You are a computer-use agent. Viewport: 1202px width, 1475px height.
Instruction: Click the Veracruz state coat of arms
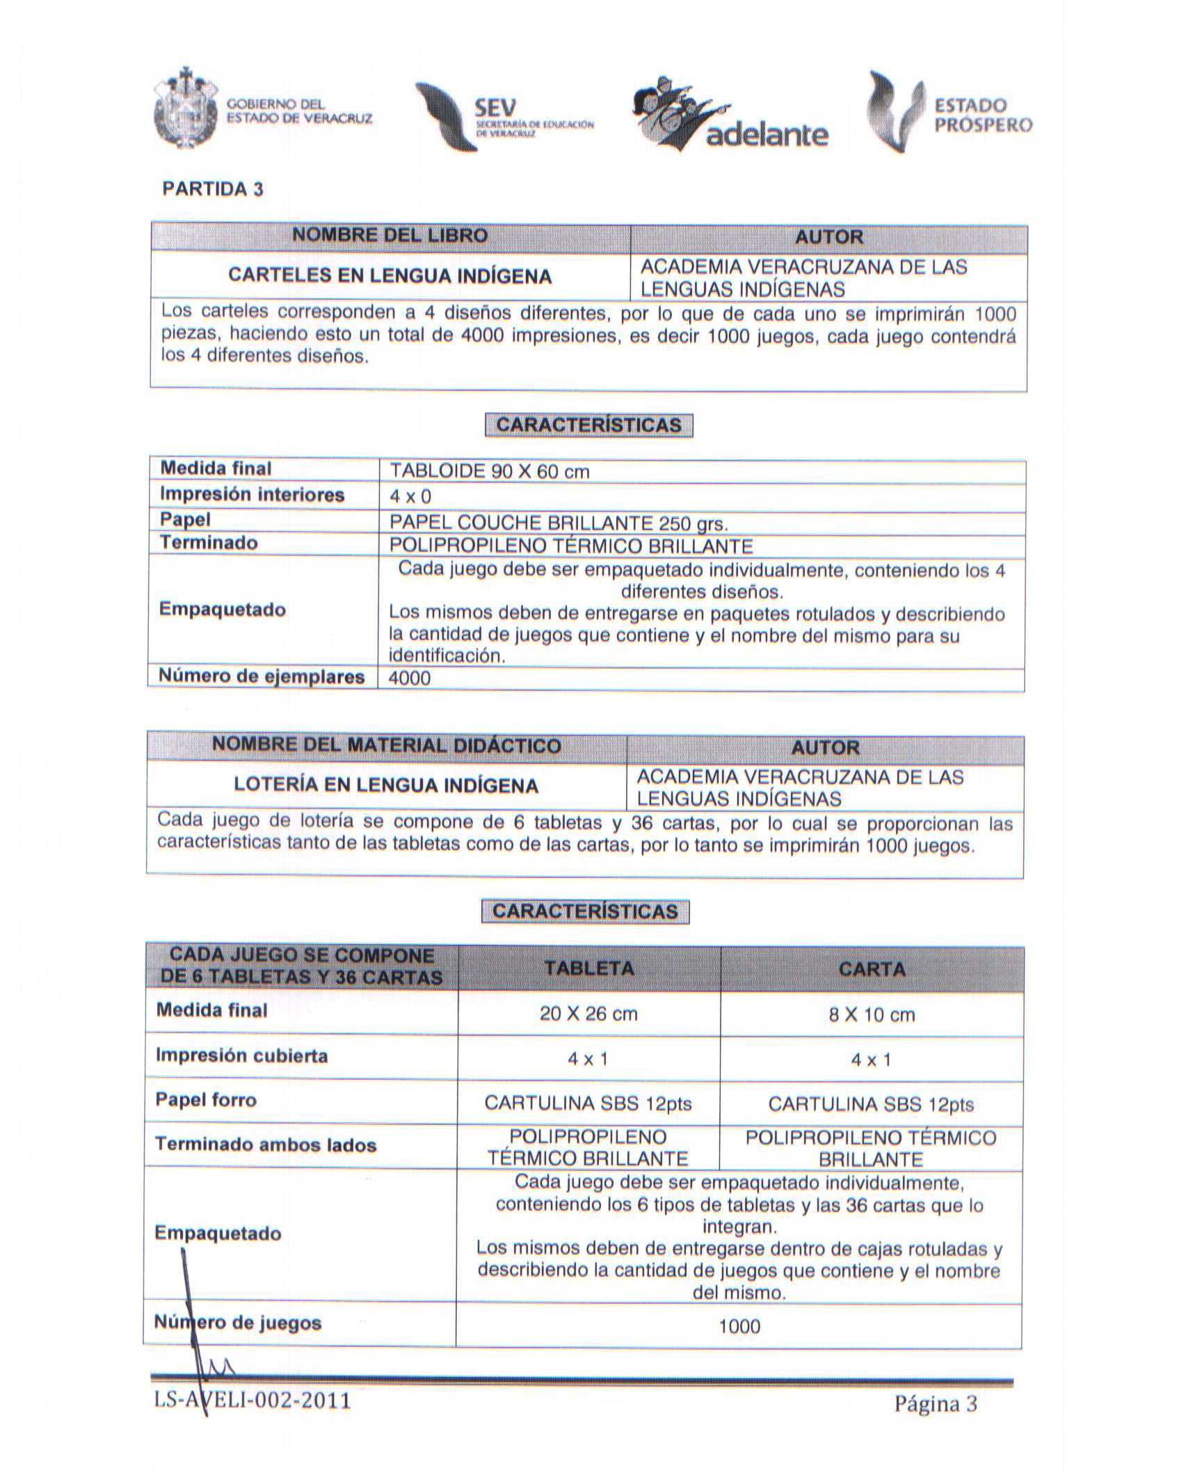tap(184, 109)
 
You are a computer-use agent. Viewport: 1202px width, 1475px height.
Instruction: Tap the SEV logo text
tap(495, 109)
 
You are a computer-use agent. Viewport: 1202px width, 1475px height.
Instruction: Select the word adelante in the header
tap(767, 135)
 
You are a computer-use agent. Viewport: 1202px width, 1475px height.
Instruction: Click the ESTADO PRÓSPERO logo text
tap(982, 115)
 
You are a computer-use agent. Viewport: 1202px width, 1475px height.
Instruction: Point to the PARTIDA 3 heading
tap(213, 189)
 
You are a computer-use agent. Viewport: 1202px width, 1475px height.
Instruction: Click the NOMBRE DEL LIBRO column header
tap(390, 235)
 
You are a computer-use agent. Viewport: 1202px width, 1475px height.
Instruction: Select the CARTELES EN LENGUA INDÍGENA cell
tap(390, 276)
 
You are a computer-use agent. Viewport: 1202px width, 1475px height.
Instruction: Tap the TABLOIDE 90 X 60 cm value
tap(490, 472)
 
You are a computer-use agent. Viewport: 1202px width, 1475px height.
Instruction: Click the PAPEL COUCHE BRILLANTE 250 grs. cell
tap(559, 523)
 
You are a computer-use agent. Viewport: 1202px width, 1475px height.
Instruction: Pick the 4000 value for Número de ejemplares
tap(410, 678)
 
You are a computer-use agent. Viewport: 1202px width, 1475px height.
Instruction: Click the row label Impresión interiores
tap(253, 495)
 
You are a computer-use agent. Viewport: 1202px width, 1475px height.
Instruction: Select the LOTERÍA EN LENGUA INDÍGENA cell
tap(386, 786)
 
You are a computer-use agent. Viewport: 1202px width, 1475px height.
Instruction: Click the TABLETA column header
tap(588, 968)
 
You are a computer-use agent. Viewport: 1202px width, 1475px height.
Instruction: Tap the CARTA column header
tap(872, 968)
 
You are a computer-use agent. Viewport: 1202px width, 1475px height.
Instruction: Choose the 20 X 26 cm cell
tap(588, 1014)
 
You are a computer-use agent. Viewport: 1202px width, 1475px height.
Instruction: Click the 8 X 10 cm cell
tap(872, 1014)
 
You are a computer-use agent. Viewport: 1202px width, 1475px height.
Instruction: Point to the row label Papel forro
tap(206, 1100)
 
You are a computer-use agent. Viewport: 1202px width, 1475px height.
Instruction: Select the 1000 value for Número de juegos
tap(739, 1326)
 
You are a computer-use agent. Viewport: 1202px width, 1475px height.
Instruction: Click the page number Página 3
tap(936, 1404)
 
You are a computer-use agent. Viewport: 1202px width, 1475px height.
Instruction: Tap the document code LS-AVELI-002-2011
tap(253, 1399)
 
